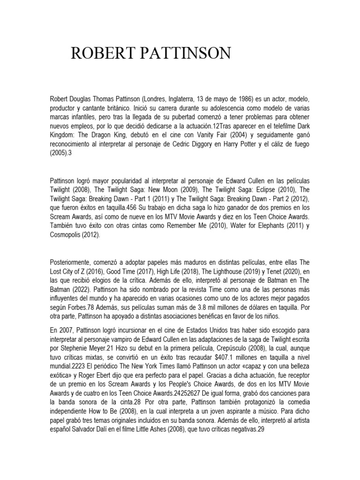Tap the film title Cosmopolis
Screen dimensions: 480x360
tap(66, 235)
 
